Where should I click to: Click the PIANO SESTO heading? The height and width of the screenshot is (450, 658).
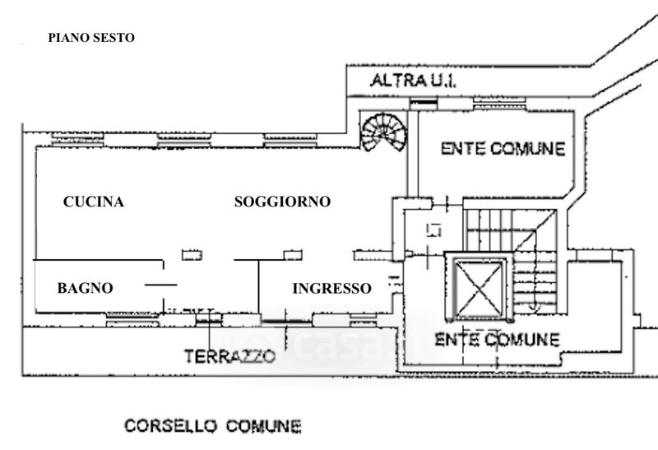[90, 37]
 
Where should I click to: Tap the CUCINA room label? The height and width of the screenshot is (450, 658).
[94, 202]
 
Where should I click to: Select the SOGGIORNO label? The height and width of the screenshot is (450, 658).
[282, 202]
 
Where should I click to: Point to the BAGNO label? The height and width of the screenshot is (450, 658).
[85, 288]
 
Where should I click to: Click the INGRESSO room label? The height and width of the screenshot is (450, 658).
[331, 288]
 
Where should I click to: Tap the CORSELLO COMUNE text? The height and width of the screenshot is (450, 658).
[212, 426]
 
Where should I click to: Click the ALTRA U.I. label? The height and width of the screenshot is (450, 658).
[413, 81]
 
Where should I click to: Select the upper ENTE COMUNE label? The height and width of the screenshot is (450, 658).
[503, 149]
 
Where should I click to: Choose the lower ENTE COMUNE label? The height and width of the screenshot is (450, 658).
[497, 339]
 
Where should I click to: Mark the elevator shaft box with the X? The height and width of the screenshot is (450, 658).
[479, 288]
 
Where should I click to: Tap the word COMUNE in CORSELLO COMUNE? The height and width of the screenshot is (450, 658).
[260, 426]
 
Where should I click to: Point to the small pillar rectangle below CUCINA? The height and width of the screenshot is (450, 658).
[192, 255]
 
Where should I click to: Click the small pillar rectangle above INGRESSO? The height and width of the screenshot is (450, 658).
[293, 255]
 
